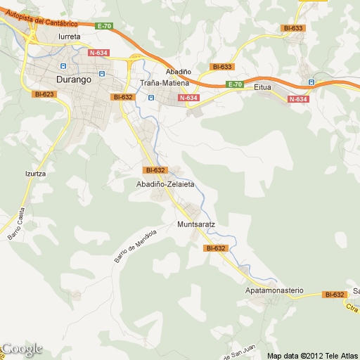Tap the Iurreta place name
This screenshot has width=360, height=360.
click(x=70, y=36)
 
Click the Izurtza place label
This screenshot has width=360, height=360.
click(x=36, y=172)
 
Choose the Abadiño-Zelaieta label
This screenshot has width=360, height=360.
click(x=165, y=184)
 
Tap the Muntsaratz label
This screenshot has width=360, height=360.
click(x=195, y=225)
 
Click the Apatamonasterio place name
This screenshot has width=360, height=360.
click(x=274, y=290)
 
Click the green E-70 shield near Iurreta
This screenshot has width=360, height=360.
click(x=105, y=26)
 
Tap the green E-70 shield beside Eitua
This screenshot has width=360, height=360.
click(x=235, y=85)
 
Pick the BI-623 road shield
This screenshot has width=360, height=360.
click(x=44, y=94)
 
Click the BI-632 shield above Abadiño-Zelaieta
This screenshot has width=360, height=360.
click(x=154, y=170)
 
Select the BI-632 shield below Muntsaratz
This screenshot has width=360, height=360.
click(x=215, y=248)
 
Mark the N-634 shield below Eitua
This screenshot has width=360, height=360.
click(x=298, y=99)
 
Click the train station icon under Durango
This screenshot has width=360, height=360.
click(x=101, y=73)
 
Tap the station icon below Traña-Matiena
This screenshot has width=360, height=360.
click(x=150, y=98)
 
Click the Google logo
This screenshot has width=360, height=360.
click(x=22, y=349)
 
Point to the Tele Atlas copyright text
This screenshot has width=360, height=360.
click(x=307, y=356)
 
